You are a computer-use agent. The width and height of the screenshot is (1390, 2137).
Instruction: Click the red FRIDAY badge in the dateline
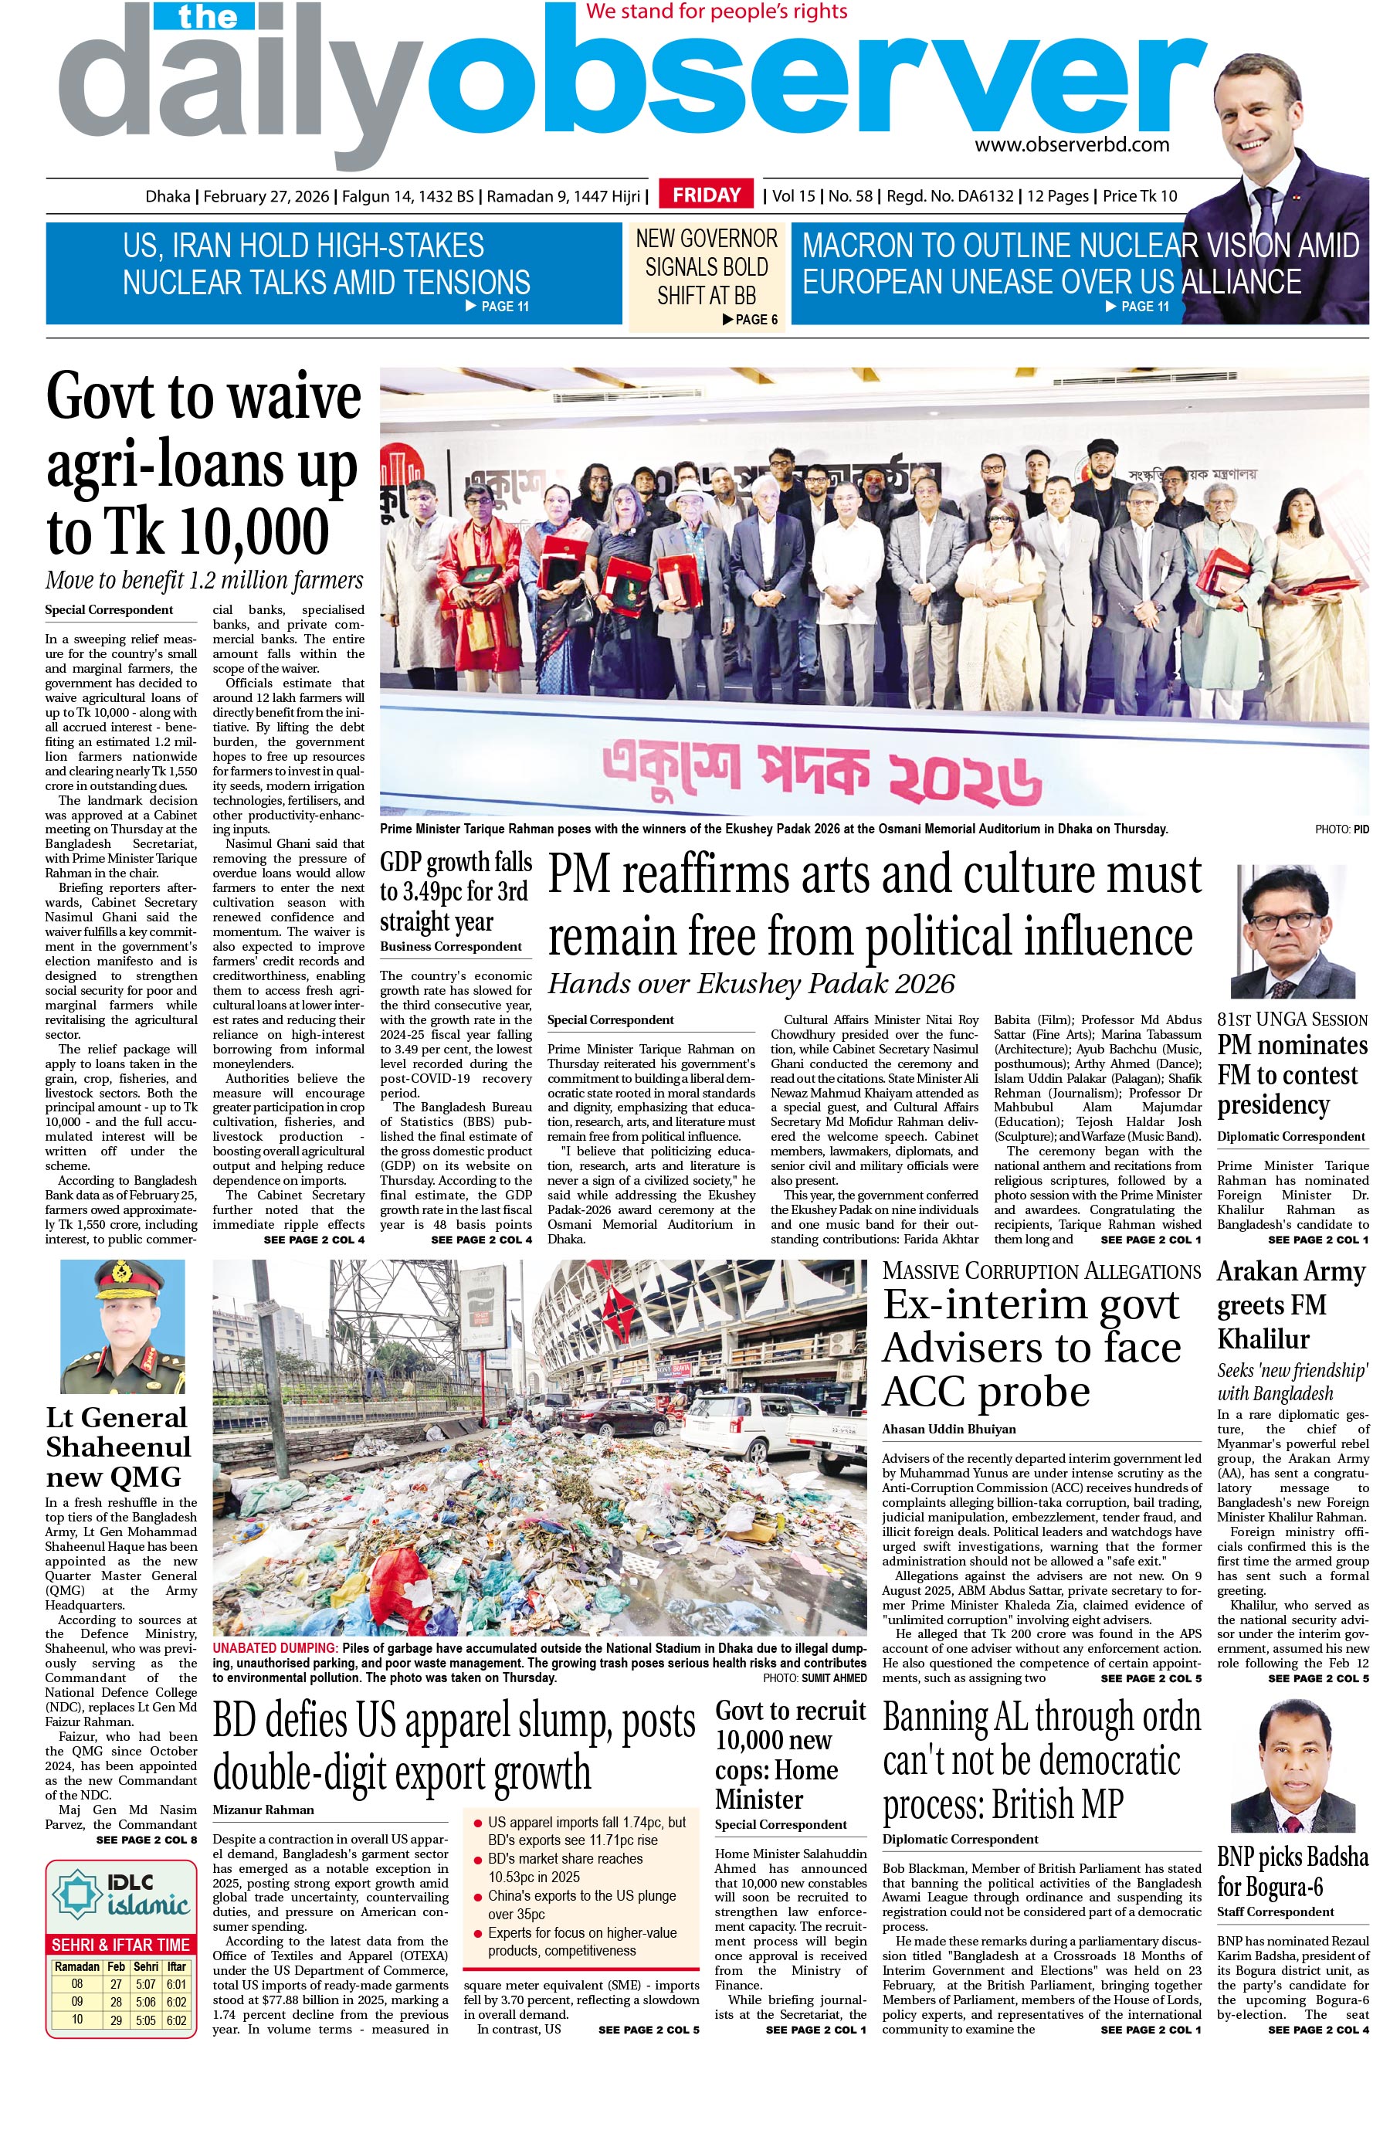point(706,195)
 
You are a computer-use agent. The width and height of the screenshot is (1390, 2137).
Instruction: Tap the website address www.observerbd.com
point(1071,144)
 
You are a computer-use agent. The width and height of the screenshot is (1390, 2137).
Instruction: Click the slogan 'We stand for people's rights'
point(716,12)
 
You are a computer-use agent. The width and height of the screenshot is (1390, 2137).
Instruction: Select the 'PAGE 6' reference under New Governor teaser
point(751,319)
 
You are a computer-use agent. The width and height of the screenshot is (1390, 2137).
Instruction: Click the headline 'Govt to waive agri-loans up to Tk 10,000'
point(204,463)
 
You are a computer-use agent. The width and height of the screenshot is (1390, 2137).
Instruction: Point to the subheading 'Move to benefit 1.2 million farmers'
point(204,580)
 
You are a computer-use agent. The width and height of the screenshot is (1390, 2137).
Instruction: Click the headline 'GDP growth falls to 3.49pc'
point(456,890)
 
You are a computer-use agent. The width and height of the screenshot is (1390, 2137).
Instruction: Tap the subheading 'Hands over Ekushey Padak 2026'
point(751,984)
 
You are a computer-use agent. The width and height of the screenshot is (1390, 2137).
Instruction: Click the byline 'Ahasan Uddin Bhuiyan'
point(948,1429)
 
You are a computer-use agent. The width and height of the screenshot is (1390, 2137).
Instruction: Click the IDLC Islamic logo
point(120,1894)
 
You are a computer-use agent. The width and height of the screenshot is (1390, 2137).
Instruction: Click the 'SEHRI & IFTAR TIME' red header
point(120,1945)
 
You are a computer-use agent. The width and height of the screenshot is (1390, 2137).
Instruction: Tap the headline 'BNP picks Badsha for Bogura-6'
point(1291,1872)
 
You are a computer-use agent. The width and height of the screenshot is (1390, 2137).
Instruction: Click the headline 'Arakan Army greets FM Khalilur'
point(1290,1304)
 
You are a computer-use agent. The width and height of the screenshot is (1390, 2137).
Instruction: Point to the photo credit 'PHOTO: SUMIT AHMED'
point(815,1677)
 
